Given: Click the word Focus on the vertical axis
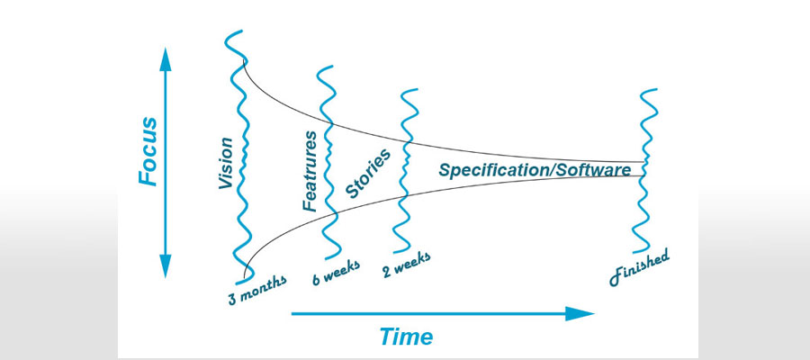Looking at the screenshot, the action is pos(148,151).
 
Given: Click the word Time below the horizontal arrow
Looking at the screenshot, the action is pos(407,337).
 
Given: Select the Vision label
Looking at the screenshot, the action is pos(226,163).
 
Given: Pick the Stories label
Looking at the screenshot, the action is pos(367,174).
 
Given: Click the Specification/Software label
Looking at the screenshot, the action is pos(535,170).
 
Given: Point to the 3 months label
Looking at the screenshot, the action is pos(256,290).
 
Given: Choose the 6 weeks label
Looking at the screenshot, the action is pos(336,272).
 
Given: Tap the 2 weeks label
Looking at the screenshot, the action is pos(407,265).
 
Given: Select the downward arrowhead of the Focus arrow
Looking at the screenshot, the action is pos(166,266).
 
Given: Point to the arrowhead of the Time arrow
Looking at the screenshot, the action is pos(580,313).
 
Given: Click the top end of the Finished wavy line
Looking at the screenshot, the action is pos(657,90).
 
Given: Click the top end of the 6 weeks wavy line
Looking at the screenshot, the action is pos(332,67).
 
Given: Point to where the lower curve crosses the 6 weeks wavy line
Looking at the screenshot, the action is pos(335,213).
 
